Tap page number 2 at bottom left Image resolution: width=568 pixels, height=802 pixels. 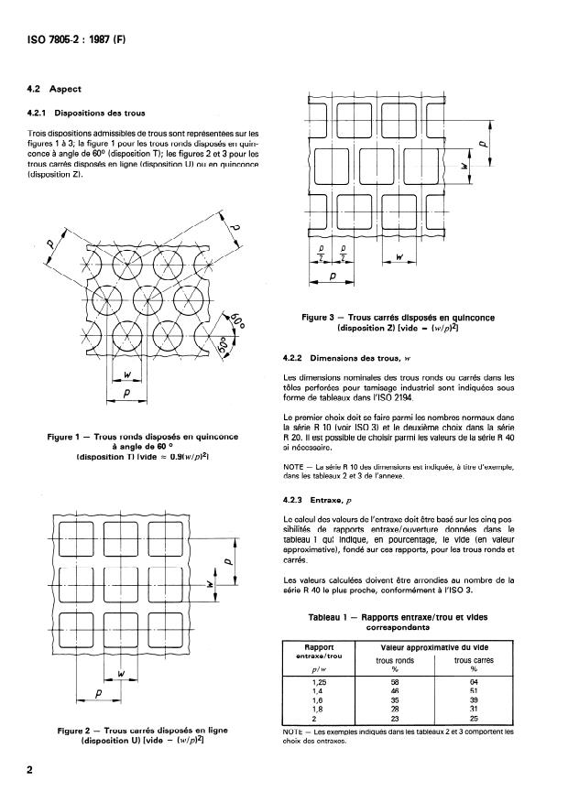(29, 770)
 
